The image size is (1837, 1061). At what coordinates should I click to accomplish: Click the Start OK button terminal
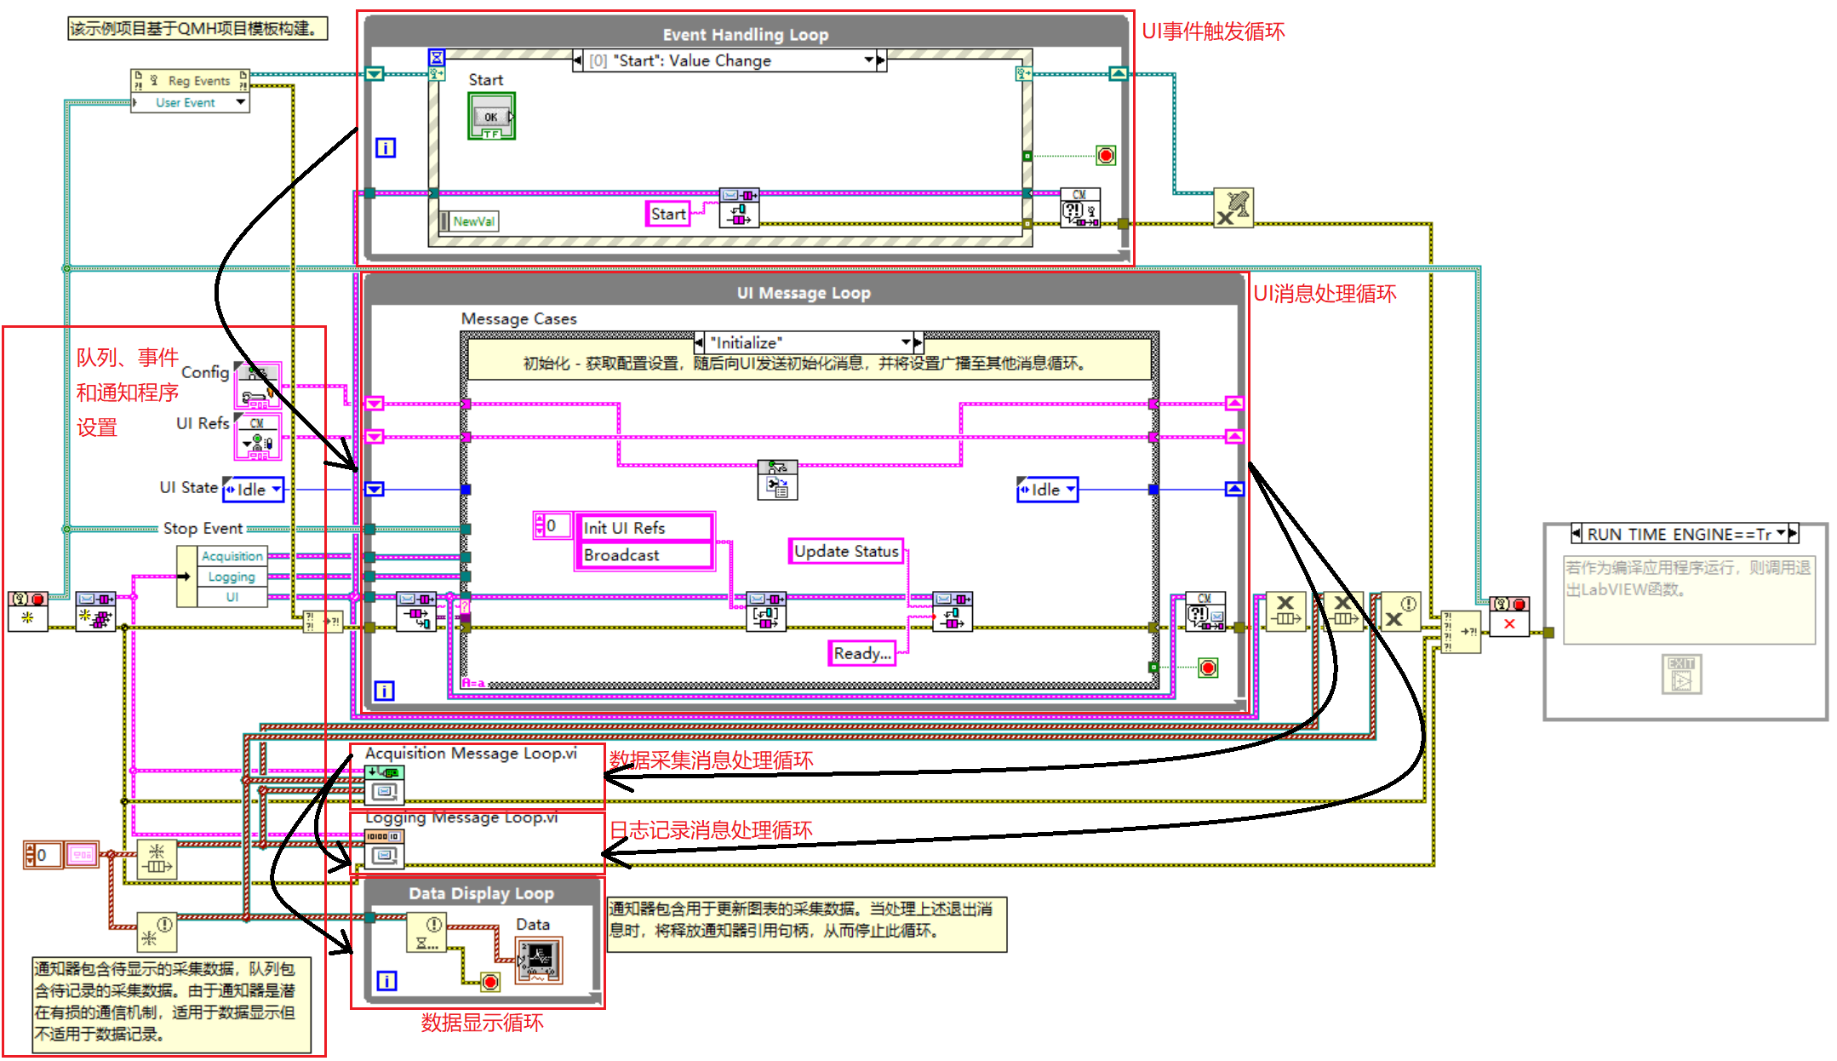(x=491, y=117)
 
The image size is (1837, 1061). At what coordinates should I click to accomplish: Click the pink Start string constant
(x=667, y=214)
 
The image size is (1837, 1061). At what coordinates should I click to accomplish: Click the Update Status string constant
(x=845, y=551)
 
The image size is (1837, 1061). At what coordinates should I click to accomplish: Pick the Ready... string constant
(x=861, y=653)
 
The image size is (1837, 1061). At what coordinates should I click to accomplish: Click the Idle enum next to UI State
(x=253, y=490)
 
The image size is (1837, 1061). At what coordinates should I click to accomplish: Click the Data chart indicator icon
(x=539, y=960)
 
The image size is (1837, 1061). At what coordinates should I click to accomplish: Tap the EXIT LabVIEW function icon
(x=1681, y=674)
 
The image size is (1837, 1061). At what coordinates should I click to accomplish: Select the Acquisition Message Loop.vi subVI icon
(x=384, y=784)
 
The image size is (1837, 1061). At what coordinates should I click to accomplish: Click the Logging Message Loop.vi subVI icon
(x=384, y=848)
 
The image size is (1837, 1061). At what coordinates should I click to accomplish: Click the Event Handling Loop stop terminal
(x=1105, y=156)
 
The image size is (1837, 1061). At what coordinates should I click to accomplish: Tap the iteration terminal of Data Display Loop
(x=386, y=981)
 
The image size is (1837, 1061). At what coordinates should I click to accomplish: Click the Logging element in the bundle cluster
(x=232, y=576)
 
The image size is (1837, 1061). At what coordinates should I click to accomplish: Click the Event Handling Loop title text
(x=745, y=35)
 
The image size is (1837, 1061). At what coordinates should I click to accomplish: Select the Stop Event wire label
(x=203, y=529)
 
